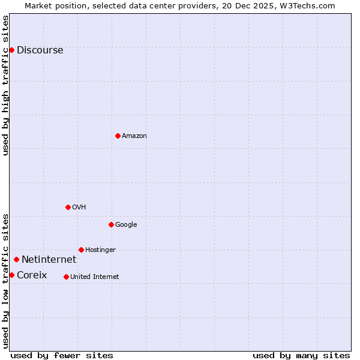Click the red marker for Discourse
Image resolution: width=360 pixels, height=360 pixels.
click(11, 50)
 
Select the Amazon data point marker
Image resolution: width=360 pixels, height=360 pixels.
click(118, 136)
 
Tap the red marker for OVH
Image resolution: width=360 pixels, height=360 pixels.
click(68, 207)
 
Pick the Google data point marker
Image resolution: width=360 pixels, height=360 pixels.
click(111, 224)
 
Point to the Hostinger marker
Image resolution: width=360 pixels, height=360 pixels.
click(81, 250)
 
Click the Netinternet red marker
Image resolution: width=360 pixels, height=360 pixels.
click(16, 259)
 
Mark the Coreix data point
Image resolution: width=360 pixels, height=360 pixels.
click(11, 275)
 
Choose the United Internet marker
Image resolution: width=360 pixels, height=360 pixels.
click(66, 277)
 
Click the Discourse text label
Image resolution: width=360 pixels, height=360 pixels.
click(40, 50)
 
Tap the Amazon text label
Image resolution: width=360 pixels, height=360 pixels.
click(134, 136)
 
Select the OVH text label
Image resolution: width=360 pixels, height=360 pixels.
click(79, 208)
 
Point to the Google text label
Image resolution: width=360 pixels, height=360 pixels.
click(126, 225)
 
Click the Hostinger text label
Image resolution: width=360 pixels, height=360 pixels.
click(100, 250)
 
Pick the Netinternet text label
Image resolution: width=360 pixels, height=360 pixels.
click(49, 260)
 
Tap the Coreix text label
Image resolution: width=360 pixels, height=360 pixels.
click(32, 275)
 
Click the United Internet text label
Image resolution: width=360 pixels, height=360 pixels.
click(94, 277)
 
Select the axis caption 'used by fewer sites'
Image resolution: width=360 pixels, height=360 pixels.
click(62, 355)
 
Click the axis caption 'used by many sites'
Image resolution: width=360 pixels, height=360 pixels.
click(301, 355)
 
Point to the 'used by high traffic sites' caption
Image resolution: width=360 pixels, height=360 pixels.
click(6, 85)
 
